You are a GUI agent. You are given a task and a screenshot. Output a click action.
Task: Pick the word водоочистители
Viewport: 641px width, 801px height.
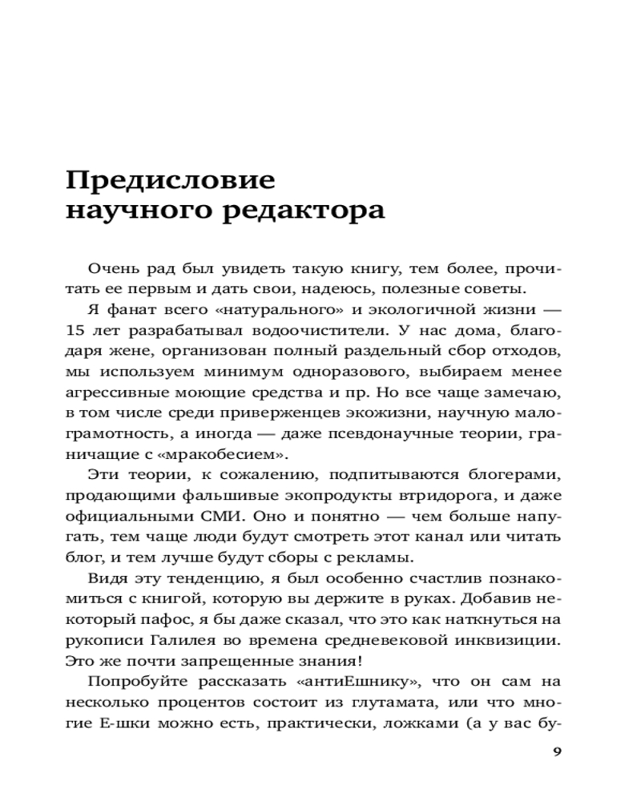point(248,330)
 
